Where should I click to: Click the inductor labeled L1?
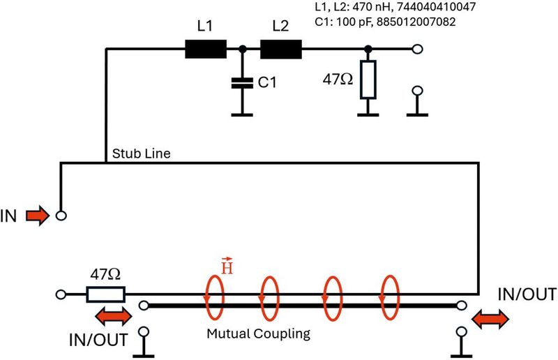click(206, 49)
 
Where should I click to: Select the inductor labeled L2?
click(280, 49)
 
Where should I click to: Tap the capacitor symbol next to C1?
click(242, 82)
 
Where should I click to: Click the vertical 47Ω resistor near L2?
click(368, 80)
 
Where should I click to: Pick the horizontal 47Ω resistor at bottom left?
click(105, 294)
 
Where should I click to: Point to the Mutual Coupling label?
click(258, 334)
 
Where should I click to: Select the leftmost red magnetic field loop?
click(213, 295)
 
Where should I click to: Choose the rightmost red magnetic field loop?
click(391, 295)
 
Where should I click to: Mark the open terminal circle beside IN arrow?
click(61, 216)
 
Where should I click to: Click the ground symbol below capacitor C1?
click(242, 112)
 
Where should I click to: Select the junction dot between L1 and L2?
click(242, 49)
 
